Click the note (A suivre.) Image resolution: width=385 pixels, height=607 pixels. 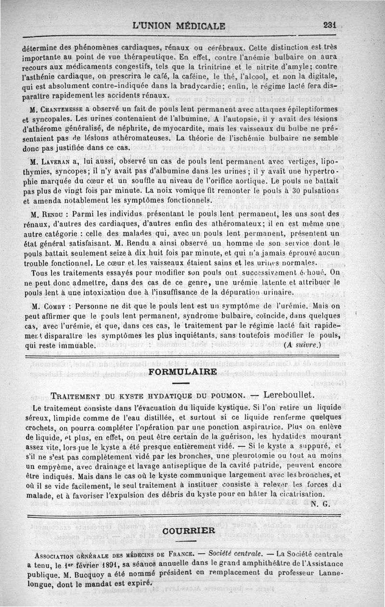(303, 345)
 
